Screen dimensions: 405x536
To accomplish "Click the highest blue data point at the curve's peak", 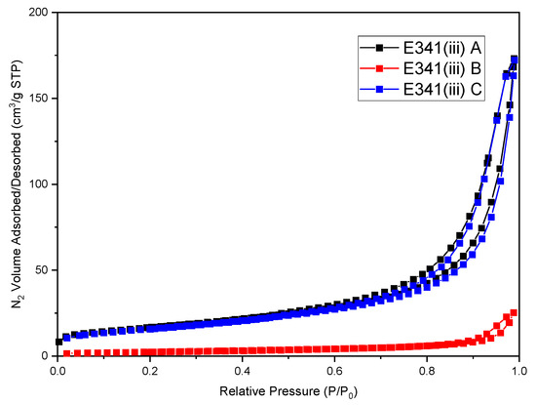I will tap(515, 60).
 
